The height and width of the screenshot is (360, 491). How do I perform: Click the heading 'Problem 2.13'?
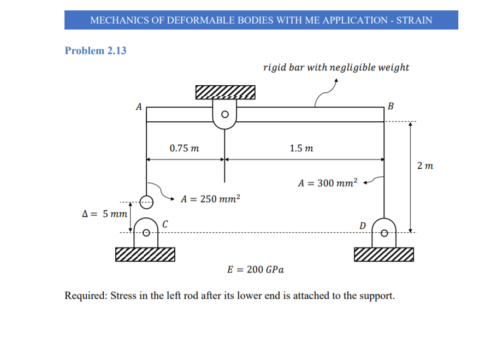point(96,51)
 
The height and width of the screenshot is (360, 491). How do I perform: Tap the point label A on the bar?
point(139,106)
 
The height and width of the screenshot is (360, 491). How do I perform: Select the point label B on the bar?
point(390,106)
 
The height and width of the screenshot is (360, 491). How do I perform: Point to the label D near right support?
point(362,225)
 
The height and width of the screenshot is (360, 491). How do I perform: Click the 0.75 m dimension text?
point(184,148)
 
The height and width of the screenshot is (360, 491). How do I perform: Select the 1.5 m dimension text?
point(301,148)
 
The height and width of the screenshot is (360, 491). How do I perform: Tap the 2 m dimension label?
point(424,165)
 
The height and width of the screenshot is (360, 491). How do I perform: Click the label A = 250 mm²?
point(211,199)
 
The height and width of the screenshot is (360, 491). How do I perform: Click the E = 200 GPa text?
point(255,269)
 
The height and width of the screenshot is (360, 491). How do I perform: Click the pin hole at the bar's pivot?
point(224,115)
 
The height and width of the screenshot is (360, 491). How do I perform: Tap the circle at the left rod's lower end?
point(146,202)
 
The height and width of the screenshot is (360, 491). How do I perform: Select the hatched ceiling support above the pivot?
point(226,92)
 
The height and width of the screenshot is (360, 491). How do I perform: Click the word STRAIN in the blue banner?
point(413,20)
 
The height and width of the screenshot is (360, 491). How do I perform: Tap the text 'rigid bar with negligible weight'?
point(336,68)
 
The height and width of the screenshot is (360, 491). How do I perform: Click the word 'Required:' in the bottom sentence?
point(86,296)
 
